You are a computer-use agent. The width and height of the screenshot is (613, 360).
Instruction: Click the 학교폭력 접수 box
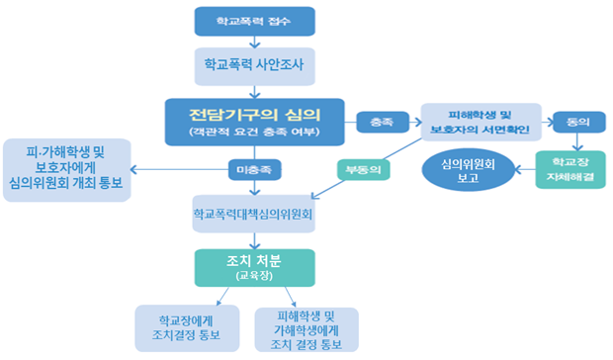click(254, 21)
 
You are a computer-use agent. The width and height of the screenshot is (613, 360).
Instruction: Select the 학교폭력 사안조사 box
click(254, 66)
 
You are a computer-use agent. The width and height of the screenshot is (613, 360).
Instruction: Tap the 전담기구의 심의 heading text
click(254, 115)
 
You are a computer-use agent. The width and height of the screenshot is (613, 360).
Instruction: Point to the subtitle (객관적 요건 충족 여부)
click(254, 132)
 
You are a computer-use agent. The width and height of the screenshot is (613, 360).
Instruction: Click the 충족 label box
click(383, 122)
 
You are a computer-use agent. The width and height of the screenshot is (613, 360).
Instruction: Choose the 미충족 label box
click(254, 170)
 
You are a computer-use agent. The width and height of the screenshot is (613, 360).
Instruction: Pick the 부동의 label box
click(364, 170)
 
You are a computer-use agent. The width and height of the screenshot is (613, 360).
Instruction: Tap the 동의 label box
click(579, 122)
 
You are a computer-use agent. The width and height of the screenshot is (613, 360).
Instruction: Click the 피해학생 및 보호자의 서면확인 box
click(481, 122)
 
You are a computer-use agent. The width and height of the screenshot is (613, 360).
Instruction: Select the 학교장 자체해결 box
click(570, 170)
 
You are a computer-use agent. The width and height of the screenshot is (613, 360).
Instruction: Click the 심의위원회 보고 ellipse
click(468, 170)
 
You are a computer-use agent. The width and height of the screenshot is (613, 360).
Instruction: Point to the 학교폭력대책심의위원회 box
click(254, 214)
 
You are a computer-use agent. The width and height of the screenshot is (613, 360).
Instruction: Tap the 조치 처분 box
click(254, 268)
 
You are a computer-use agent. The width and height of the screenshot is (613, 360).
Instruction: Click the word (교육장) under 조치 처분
click(254, 276)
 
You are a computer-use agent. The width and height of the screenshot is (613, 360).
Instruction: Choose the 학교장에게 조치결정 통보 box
click(187, 328)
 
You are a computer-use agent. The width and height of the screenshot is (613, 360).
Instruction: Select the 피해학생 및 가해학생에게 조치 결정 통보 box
click(306, 329)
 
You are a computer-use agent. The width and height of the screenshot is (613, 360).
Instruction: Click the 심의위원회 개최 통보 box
click(67, 170)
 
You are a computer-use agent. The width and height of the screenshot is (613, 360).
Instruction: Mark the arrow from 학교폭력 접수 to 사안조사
click(254, 42)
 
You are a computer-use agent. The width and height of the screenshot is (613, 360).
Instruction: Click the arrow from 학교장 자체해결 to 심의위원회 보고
click(525, 170)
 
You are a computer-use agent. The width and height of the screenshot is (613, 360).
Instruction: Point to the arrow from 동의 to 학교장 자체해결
click(577, 141)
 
